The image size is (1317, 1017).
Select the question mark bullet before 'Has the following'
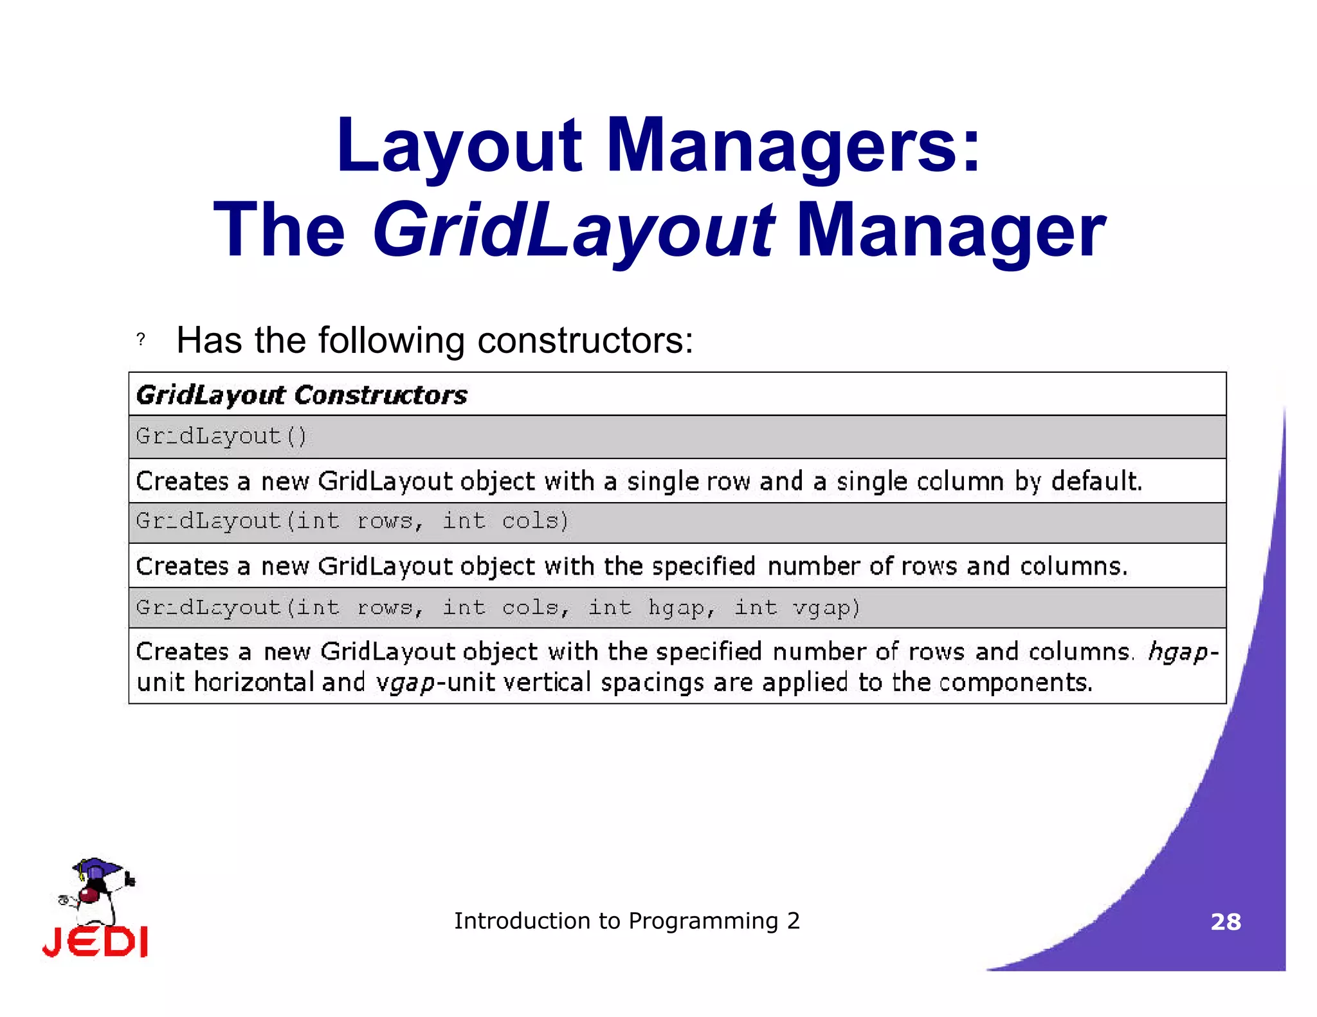coord(141,339)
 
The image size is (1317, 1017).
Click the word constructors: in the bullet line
coord(585,341)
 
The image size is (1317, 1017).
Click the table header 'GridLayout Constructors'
coord(302,395)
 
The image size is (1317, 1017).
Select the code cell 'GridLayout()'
coord(221,437)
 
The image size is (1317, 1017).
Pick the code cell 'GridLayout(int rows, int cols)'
coord(352,521)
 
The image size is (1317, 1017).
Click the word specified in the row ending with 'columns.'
coord(703,566)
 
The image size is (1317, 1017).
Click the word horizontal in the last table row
coord(253,683)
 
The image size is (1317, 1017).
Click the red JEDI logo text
coord(95,942)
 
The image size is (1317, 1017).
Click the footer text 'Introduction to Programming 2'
coord(626,921)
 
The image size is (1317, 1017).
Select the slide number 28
coord(1225,922)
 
